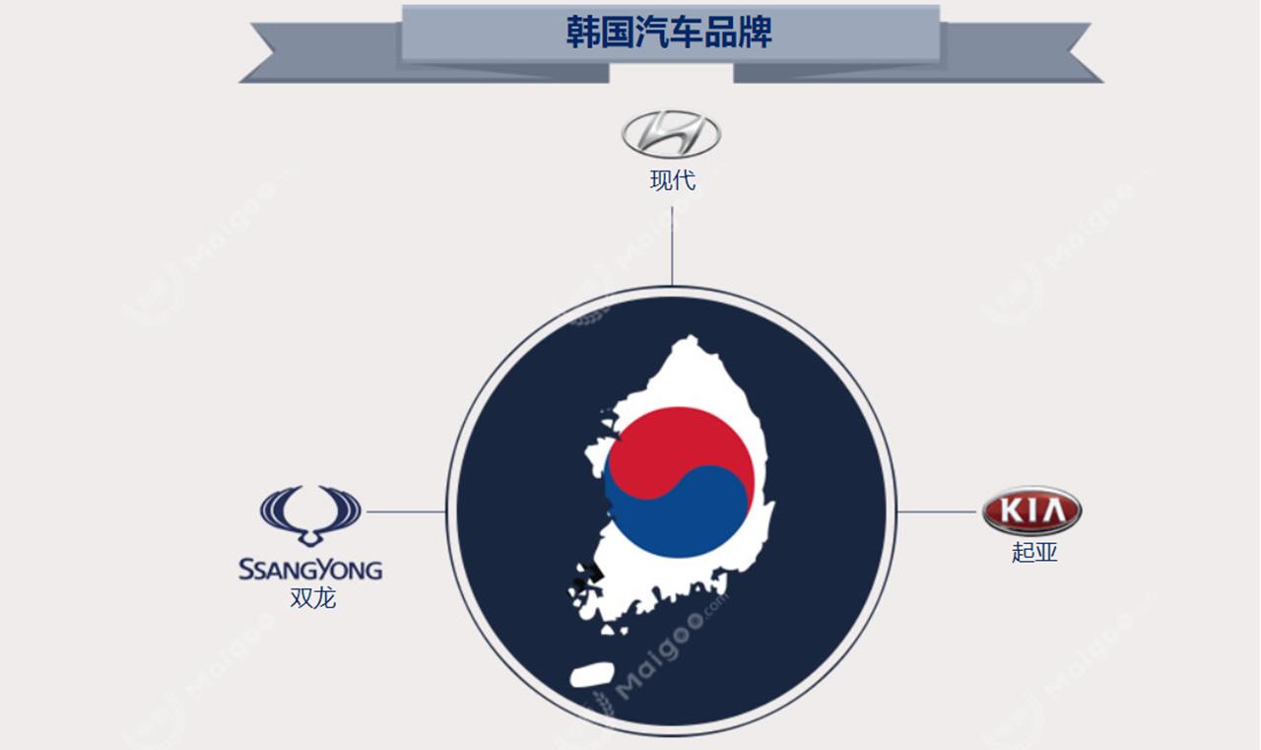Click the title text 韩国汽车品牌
coord(670,33)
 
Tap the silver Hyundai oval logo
coord(671,134)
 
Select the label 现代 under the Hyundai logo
coord(672,180)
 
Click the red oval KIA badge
coord(1031,511)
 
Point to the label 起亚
coord(1033,552)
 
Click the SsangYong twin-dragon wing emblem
coord(310,513)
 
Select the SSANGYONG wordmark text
coord(310,569)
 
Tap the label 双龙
coord(312,597)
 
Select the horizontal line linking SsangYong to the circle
coord(404,511)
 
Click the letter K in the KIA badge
coord(1009,511)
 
